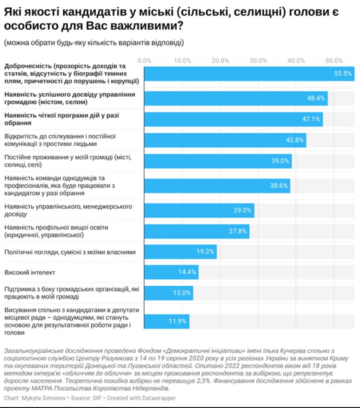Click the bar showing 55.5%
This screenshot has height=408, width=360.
249,74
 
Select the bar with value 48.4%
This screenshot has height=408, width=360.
235,99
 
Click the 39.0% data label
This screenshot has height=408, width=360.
280,161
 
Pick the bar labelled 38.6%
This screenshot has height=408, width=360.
217,185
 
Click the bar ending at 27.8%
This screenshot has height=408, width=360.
196,231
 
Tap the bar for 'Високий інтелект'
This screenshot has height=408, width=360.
171,272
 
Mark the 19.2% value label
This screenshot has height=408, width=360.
205,252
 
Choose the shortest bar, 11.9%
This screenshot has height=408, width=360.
166,321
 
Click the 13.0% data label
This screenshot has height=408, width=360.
181,293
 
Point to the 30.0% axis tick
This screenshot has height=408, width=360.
258,60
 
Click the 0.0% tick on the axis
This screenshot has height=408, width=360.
145,60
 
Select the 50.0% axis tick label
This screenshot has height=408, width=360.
334,60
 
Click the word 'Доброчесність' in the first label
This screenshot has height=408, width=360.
27,66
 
